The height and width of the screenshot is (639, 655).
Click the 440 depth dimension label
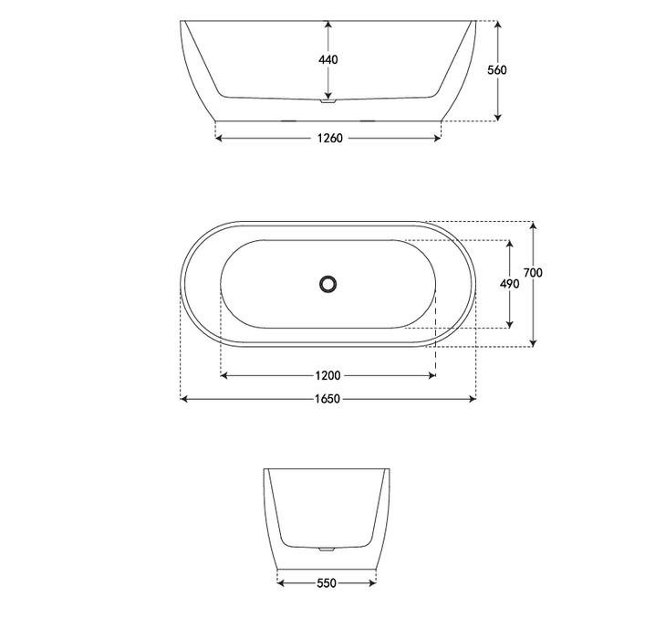(328, 60)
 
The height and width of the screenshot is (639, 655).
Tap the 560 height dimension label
(497, 70)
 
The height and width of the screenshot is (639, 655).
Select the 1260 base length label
(329, 139)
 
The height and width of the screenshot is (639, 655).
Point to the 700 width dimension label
(534, 273)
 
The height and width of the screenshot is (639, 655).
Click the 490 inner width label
(510, 284)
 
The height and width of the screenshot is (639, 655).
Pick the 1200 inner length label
(328, 375)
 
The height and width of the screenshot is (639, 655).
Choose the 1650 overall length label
(328, 399)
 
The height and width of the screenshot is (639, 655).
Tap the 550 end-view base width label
(326, 582)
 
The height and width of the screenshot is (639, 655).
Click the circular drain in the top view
(328, 284)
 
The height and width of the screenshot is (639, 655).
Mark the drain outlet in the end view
(326, 550)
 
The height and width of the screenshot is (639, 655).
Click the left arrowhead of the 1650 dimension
(184, 399)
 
